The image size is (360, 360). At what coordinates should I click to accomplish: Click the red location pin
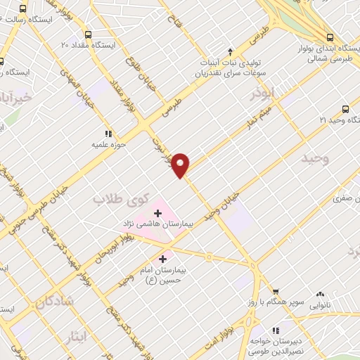181,165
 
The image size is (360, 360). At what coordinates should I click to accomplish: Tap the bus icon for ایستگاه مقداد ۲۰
88,34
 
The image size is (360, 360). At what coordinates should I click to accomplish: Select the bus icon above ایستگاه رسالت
23,9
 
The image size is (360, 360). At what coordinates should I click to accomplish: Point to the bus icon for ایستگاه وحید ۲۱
345,109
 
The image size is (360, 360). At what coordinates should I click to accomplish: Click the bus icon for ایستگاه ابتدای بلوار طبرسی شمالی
329,37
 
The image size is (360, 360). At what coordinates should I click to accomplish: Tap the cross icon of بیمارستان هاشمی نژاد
157,212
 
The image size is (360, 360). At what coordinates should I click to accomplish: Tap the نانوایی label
319,305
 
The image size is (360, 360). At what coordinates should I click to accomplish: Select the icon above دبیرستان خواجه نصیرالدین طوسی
276,329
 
